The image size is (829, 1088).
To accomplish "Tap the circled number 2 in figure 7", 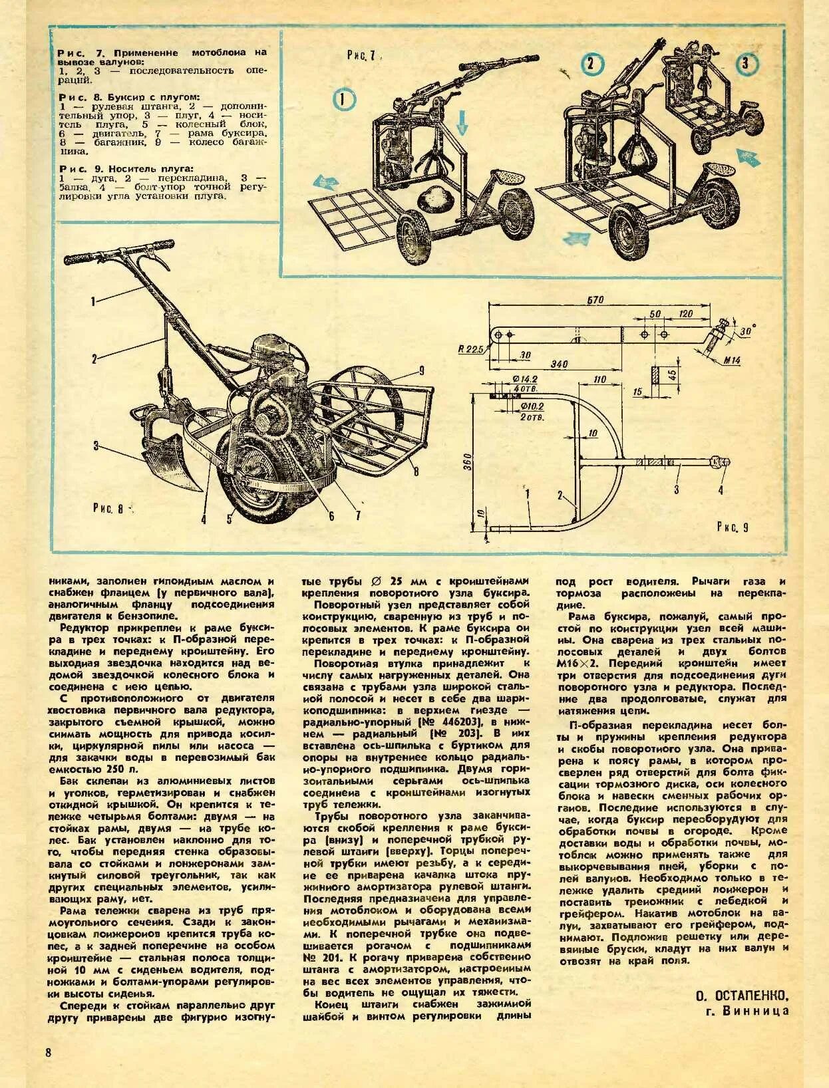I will (593, 64).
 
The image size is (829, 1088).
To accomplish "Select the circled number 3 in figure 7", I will (745, 64).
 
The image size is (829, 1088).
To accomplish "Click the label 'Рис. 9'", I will (733, 527).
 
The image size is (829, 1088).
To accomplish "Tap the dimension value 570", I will (595, 300).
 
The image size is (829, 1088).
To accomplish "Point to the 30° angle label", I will (746, 329).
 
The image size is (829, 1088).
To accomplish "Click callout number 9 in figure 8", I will (421, 369).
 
